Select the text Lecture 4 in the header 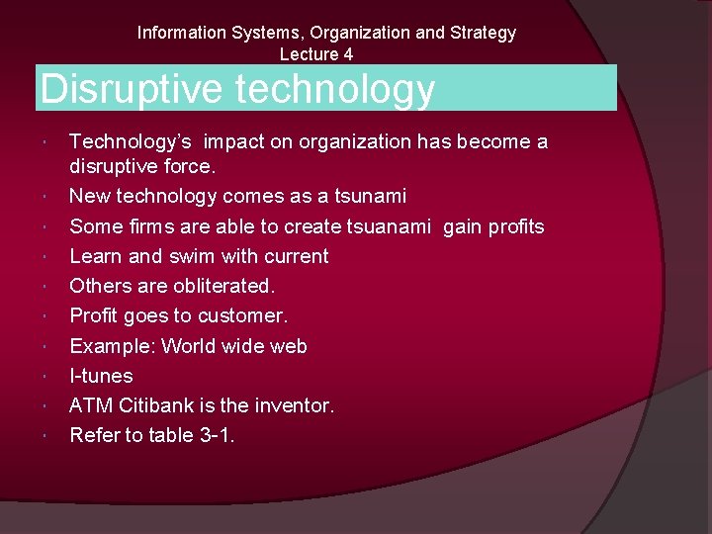[x=316, y=54]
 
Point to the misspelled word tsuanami [x=389, y=226]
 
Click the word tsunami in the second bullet [x=371, y=197]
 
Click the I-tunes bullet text [x=101, y=376]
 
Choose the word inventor [x=296, y=405]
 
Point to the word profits [x=512, y=226]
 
